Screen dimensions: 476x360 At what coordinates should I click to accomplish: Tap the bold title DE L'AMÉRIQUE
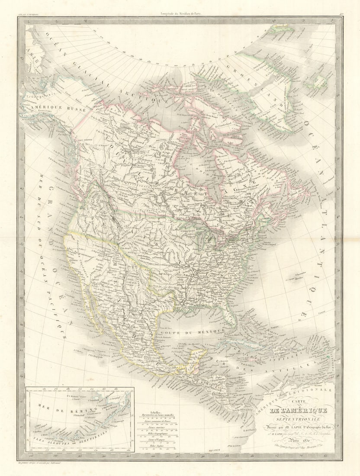(298, 410)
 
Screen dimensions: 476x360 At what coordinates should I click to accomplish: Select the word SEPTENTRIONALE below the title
(298, 418)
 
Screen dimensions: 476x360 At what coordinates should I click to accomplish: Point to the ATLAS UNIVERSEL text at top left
(27, 14)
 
